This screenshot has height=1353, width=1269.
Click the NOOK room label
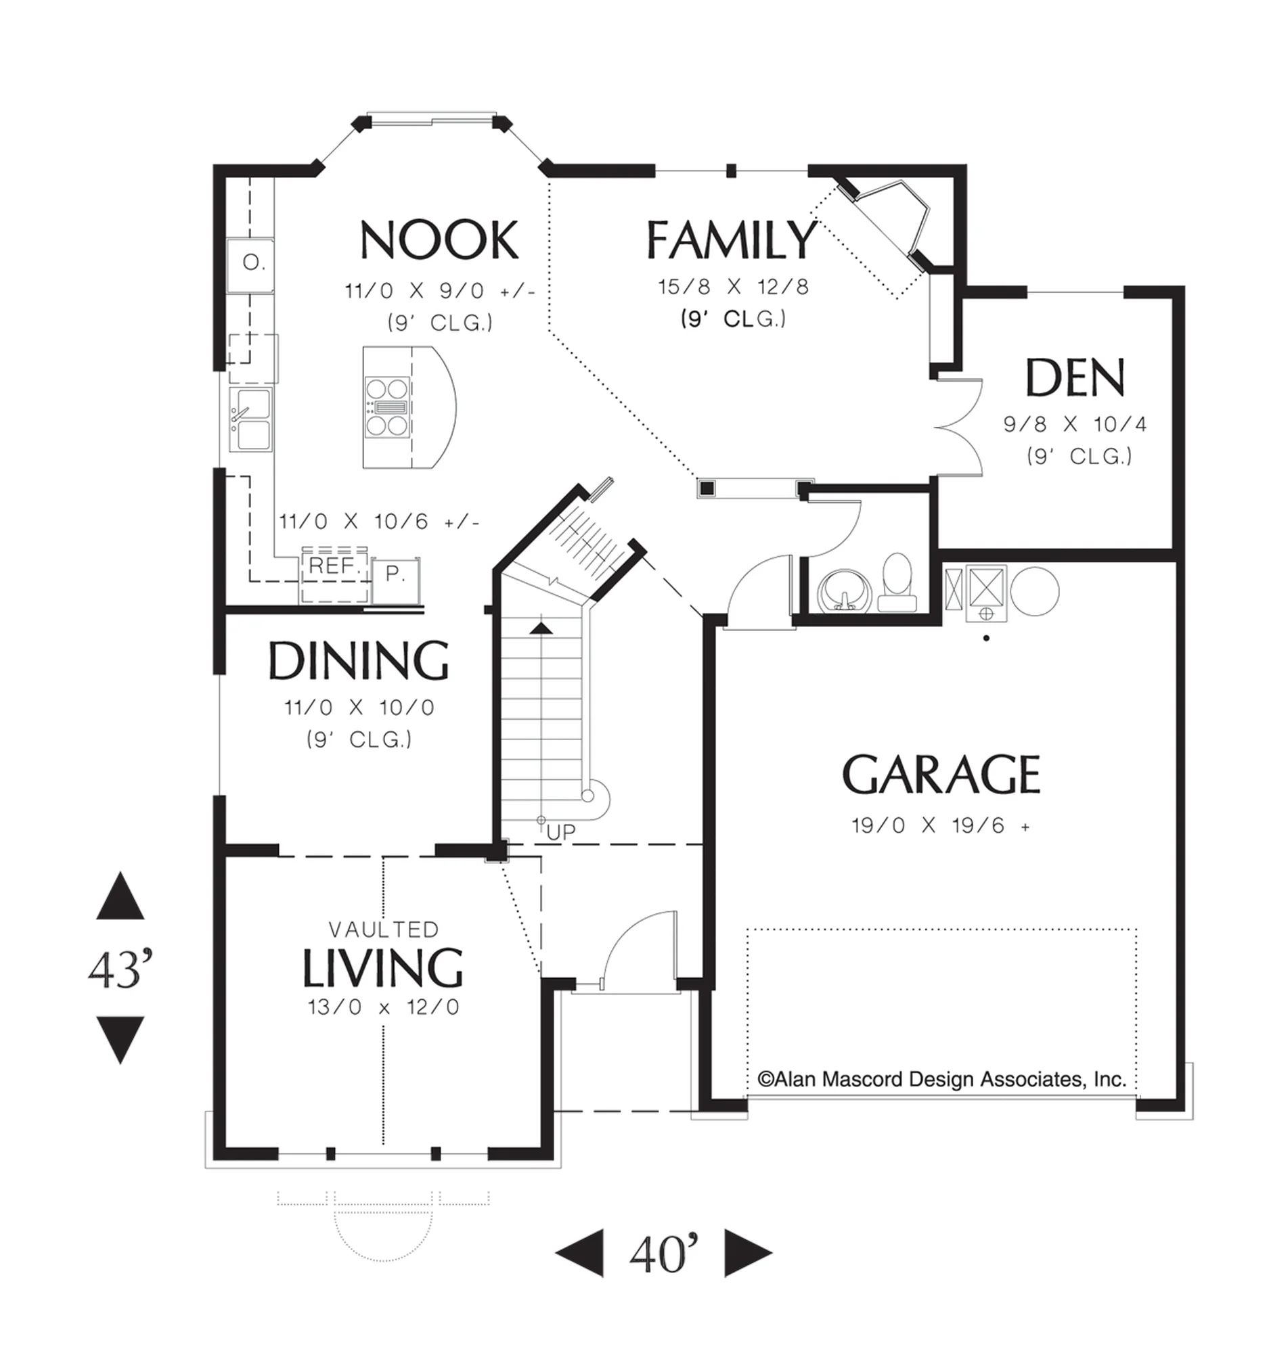(x=439, y=239)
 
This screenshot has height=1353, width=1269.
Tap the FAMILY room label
(x=731, y=239)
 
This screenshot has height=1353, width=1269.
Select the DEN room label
(x=1075, y=377)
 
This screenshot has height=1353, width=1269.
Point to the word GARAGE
(x=941, y=774)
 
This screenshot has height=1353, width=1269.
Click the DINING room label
(x=359, y=660)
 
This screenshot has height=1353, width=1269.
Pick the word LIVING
(x=382, y=967)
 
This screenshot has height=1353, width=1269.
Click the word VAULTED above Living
(x=384, y=929)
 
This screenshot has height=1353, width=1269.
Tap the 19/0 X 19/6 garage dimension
(x=941, y=825)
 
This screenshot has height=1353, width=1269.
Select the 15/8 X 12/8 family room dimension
(x=733, y=287)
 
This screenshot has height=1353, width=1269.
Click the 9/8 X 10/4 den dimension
(x=1075, y=424)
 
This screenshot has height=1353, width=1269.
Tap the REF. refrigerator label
(x=334, y=566)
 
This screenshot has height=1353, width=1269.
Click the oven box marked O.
(x=250, y=265)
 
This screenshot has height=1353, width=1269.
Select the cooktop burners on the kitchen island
(x=387, y=407)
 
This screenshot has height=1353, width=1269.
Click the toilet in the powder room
(x=897, y=582)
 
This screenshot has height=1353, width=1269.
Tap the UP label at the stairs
(x=561, y=831)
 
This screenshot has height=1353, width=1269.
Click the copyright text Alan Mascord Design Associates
(x=941, y=1079)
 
